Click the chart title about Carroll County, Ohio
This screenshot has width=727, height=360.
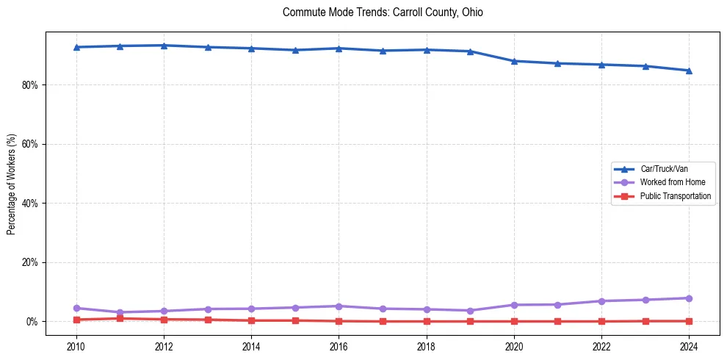383,12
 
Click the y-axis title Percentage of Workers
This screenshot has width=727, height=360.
11,184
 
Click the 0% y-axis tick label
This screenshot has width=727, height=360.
32,322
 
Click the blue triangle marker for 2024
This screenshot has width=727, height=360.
689,71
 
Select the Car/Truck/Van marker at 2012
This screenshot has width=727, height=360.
164,46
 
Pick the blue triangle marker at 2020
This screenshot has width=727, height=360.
514,61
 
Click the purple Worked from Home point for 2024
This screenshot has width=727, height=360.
689,298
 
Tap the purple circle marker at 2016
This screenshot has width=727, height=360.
339,306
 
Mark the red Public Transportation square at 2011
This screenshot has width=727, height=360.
120,319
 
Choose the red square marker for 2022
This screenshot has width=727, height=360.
601,321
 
